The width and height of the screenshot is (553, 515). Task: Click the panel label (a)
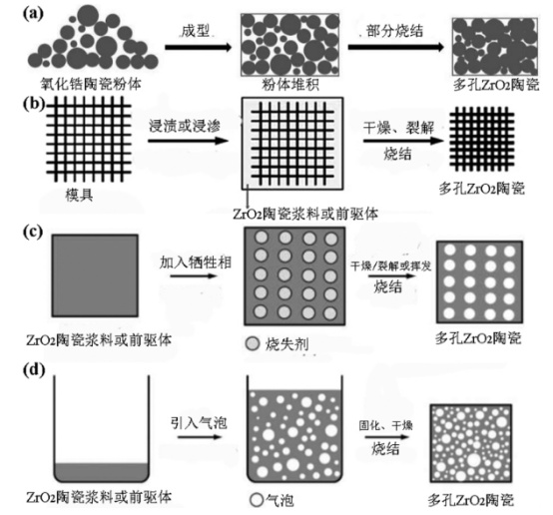(x=33, y=13)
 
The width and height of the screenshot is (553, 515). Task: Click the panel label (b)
(x=34, y=104)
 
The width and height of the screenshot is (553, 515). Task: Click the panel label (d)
(x=34, y=370)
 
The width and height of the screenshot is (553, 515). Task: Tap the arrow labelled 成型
(x=199, y=47)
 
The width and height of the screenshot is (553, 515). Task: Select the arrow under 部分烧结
(x=395, y=47)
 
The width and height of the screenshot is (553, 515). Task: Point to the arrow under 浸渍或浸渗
(x=189, y=141)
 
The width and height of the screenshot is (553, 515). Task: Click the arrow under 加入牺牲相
(x=194, y=275)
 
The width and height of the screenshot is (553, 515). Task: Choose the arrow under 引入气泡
(x=200, y=437)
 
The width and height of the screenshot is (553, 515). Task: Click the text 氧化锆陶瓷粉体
(x=91, y=84)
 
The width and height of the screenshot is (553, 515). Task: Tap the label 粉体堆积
(x=289, y=85)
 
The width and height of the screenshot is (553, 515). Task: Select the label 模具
(x=79, y=195)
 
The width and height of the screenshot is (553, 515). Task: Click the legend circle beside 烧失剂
(x=253, y=343)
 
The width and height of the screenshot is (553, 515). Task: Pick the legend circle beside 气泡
(x=257, y=499)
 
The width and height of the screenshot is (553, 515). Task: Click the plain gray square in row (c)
(x=95, y=275)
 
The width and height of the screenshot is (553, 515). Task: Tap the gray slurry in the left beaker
(x=102, y=472)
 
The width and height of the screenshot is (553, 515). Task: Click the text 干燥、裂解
(x=399, y=128)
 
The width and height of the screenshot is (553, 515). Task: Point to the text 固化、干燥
(x=386, y=425)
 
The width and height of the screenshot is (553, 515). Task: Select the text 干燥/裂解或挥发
(x=390, y=265)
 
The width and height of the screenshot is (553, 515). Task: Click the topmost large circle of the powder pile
(x=88, y=15)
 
